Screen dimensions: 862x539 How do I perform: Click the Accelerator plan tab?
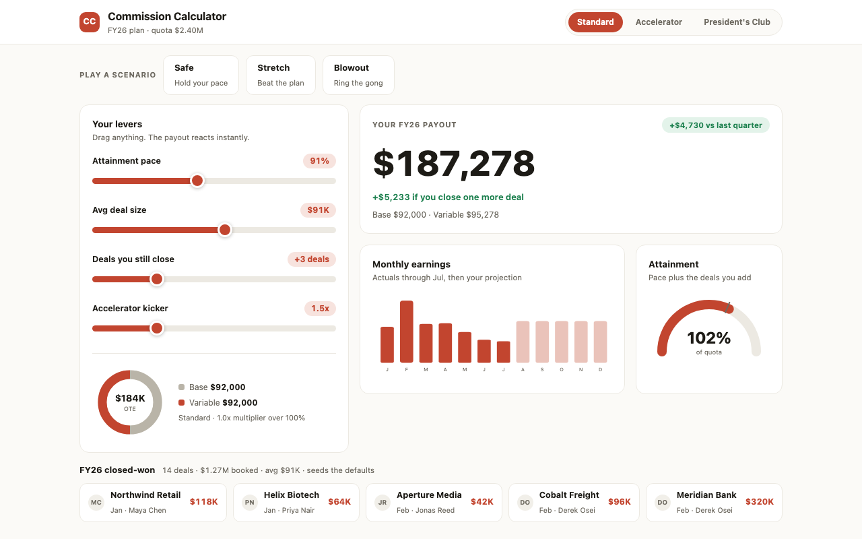click(659, 22)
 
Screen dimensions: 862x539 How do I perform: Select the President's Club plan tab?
click(737, 22)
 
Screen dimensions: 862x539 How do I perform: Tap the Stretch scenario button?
click(281, 75)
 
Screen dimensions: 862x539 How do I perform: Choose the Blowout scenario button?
click(358, 75)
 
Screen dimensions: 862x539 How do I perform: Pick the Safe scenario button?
click(201, 75)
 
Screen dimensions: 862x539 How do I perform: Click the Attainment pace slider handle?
click(197, 181)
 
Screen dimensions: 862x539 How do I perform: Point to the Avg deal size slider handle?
click(225, 230)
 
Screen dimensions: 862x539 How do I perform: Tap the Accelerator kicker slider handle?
click(157, 328)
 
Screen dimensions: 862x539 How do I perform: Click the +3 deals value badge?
click(312, 259)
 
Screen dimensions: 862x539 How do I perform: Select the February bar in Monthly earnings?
click(406, 331)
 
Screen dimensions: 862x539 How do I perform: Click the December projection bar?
click(600, 342)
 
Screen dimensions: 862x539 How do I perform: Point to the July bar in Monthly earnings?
click(503, 352)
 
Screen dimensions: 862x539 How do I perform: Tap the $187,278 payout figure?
click(454, 164)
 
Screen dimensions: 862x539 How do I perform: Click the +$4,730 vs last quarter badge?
click(716, 125)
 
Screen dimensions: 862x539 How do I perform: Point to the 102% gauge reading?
click(709, 338)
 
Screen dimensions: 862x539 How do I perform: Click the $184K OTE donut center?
click(130, 402)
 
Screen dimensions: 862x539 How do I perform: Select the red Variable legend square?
click(182, 403)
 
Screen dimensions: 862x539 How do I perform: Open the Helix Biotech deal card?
click(296, 503)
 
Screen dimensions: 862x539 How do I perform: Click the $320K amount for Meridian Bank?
click(759, 502)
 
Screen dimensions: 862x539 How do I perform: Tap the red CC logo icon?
click(90, 22)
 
